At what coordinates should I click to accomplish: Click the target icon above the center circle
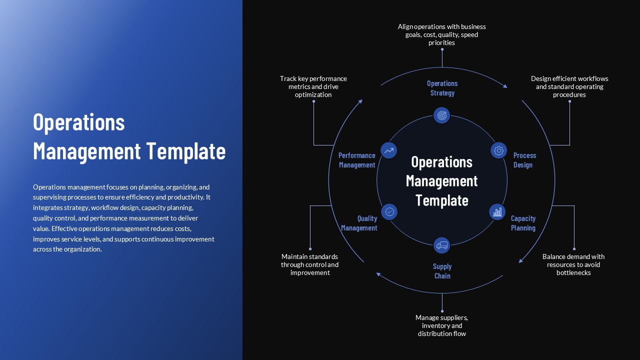[x=441, y=115]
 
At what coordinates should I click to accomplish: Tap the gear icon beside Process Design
[x=498, y=150]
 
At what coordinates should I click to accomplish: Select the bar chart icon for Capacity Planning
[x=497, y=212]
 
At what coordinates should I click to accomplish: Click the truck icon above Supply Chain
[x=441, y=245]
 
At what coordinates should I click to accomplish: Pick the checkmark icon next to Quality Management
[x=389, y=211]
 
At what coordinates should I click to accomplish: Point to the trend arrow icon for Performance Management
[x=389, y=150]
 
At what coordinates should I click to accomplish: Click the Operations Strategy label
[x=442, y=88]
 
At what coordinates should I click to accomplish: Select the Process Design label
[x=524, y=160]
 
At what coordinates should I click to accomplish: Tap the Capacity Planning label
[x=523, y=223]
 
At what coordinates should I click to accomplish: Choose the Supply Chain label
[x=442, y=271]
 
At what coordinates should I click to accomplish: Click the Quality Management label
[x=359, y=223]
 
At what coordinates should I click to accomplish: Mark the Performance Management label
[x=357, y=160]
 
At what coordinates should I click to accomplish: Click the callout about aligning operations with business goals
[x=441, y=34]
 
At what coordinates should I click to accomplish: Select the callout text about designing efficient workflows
[x=569, y=86]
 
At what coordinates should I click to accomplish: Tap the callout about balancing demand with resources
[x=573, y=264]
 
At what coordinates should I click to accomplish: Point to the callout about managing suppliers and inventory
[x=441, y=325]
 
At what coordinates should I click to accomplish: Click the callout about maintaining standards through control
[x=310, y=264]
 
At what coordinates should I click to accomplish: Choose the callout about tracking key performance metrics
[x=313, y=86]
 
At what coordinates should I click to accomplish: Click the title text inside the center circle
[x=441, y=181]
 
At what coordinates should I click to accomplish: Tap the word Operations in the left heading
[x=79, y=122]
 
